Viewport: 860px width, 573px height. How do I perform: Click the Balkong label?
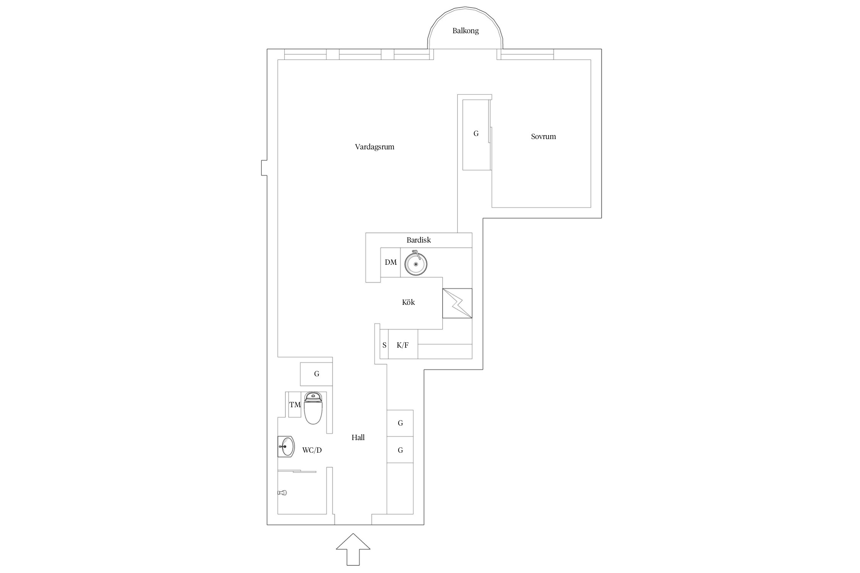click(x=465, y=31)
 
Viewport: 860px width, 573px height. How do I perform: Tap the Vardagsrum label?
click(x=375, y=147)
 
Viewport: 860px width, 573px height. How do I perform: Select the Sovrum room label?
click(x=543, y=136)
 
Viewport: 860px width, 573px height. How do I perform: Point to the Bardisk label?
click(x=419, y=240)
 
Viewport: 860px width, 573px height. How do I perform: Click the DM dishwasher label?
click(x=391, y=262)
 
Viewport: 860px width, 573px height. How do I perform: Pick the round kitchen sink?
click(x=416, y=263)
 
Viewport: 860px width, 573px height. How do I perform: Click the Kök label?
click(x=408, y=302)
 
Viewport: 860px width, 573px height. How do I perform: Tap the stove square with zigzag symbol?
click(x=457, y=303)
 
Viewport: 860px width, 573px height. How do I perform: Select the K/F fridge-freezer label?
click(x=402, y=345)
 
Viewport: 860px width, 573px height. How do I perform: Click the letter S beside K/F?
click(x=385, y=345)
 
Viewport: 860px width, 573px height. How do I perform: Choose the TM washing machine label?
click(x=295, y=405)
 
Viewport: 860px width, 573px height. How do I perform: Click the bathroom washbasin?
click(x=286, y=446)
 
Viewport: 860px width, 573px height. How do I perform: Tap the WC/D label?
click(x=312, y=450)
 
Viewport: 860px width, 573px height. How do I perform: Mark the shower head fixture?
click(x=282, y=493)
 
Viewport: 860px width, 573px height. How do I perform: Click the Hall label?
click(x=358, y=437)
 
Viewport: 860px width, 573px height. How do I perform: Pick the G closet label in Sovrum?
click(x=476, y=134)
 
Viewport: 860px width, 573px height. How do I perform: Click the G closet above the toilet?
click(x=316, y=374)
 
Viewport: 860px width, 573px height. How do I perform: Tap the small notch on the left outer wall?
click(x=264, y=168)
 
